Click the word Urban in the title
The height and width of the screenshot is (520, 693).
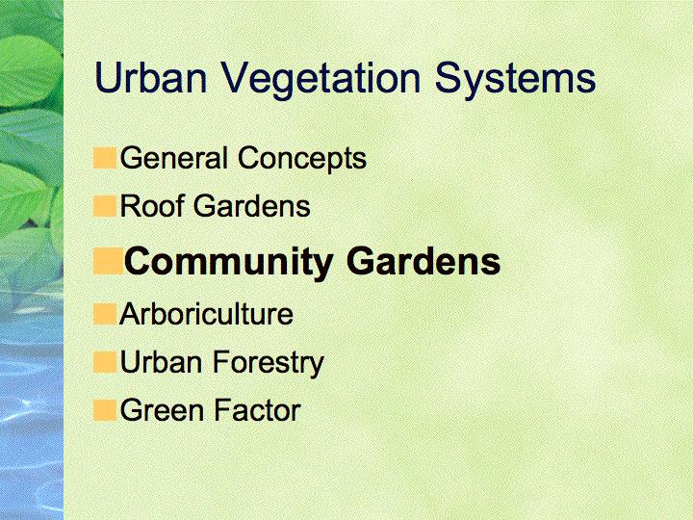click(151, 77)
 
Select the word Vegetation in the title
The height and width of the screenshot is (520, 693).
click(321, 81)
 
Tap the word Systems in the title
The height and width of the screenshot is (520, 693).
click(515, 81)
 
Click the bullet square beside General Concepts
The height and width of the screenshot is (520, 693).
click(105, 158)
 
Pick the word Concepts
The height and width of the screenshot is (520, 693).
click(302, 160)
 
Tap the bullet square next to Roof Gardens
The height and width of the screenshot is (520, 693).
click(105, 206)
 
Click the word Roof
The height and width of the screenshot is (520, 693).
click(153, 205)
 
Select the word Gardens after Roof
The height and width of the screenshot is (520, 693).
click(252, 206)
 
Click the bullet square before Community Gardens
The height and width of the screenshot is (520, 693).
click(108, 261)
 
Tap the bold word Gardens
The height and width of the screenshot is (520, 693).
click(423, 261)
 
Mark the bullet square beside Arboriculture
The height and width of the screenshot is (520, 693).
click(105, 314)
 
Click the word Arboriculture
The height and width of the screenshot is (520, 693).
click(206, 314)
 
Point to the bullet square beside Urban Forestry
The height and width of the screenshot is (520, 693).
click(105, 362)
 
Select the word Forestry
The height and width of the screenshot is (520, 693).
click(269, 364)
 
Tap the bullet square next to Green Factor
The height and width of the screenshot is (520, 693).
click(105, 410)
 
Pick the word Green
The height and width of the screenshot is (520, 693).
click(162, 410)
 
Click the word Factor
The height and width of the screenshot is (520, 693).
click(257, 410)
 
